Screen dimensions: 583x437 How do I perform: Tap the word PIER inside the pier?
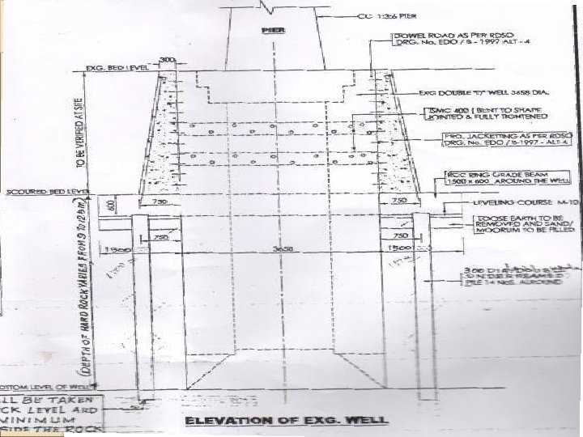pos(269,29)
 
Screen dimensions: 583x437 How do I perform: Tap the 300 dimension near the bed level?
pos(167,62)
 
